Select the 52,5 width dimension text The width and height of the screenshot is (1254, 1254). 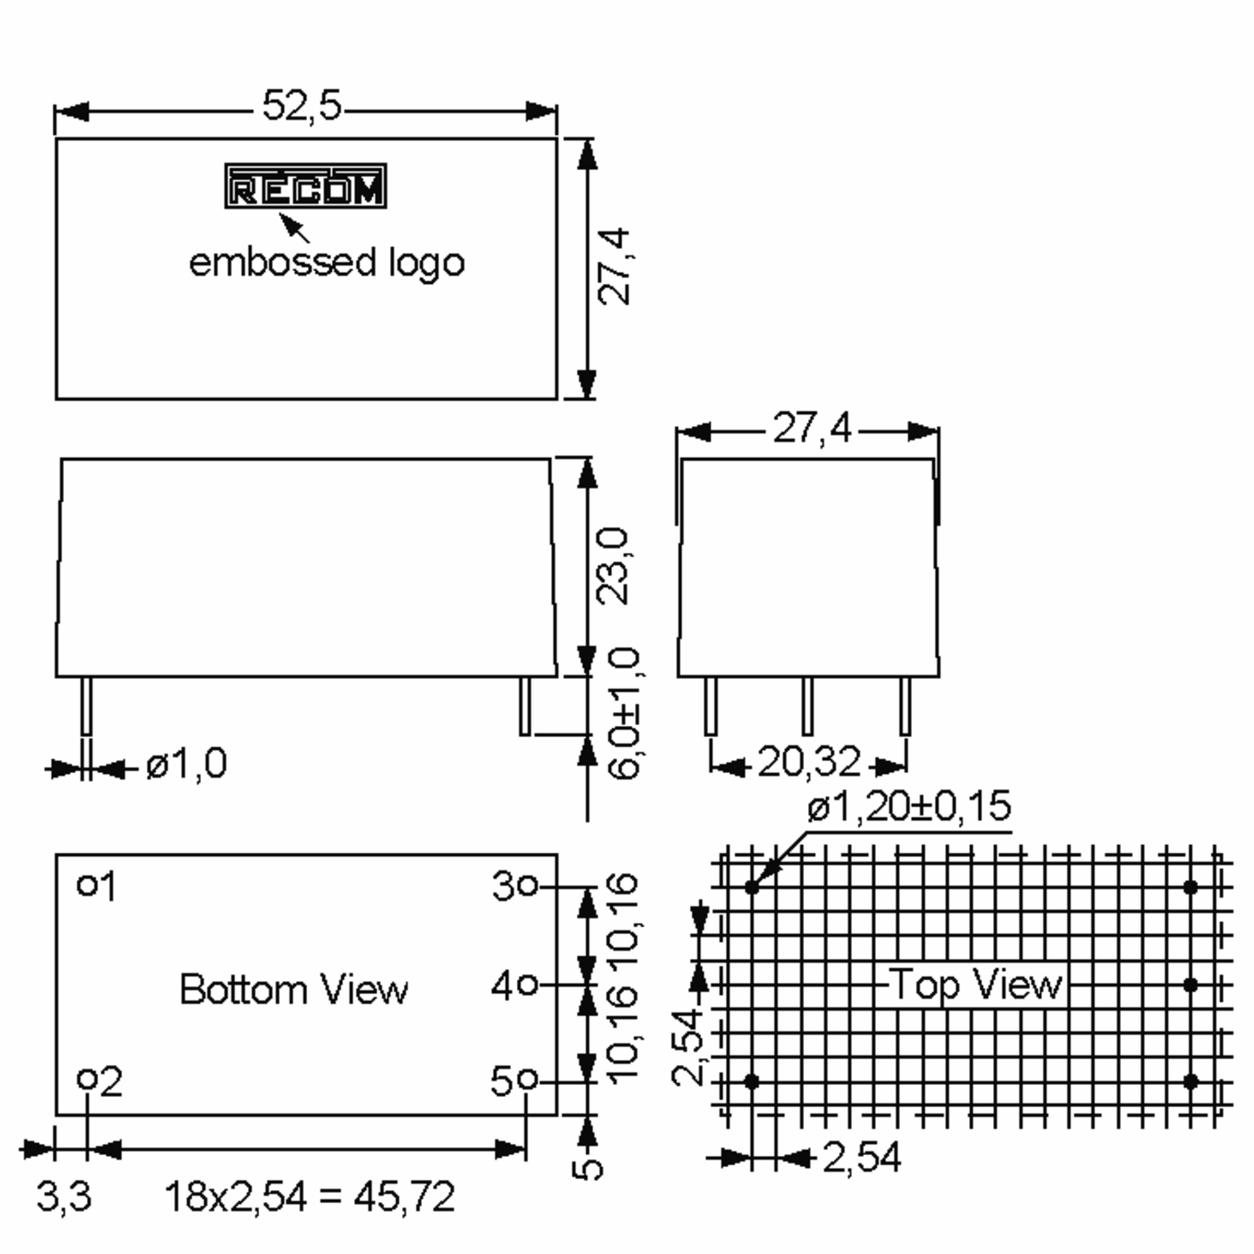pos(302,105)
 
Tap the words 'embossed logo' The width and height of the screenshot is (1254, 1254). pos(327,263)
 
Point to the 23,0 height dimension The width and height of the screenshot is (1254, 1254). pos(613,566)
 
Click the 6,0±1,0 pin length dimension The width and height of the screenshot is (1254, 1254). pos(624,713)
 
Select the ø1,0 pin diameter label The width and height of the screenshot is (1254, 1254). pos(187,763)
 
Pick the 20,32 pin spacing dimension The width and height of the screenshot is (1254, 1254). pos(809,762)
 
